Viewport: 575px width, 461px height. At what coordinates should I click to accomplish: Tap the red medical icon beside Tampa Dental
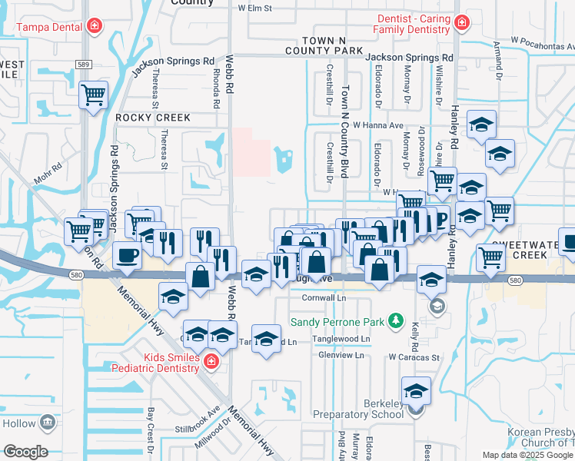point(94,27)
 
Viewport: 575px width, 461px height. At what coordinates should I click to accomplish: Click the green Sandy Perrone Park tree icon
point(395,319)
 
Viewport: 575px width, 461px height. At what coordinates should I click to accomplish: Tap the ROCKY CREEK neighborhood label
point(152,118)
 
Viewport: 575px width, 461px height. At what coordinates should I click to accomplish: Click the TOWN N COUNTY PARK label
point(333,45)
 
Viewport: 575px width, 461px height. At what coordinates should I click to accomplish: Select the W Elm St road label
point(256,8)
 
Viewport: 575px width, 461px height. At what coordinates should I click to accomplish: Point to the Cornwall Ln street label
point(324,297)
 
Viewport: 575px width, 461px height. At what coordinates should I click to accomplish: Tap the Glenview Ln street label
point(341,355)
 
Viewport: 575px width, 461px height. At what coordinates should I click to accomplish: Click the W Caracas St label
point(413,357)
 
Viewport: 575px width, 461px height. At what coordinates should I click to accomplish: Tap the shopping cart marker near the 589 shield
point(93,97)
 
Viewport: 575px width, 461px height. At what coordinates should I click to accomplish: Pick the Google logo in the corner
point(25,452)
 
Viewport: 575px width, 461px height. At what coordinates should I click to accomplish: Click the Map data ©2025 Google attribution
point(527,455)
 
